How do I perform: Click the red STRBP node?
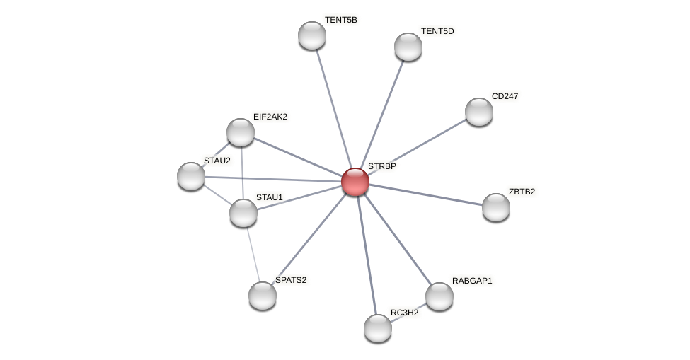(x=355, y=182)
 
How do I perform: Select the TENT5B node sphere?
(x=312, y=35)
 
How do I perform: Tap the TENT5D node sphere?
(x=408, y=47)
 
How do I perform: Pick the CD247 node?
(x=479, y=112)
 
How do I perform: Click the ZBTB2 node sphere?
(x=496, y=207)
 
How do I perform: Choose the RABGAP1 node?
(x=439, y=296)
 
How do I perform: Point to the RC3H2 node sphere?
(x=378, y=328)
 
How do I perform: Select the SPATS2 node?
(x=263, y=296)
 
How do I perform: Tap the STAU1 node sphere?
(x=243, y=213)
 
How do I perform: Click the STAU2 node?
(x=191, y=176)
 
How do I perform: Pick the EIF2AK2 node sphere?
(x=241, y=132)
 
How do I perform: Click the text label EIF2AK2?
(x=270, y=117)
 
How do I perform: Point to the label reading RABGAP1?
(x=472, y=281)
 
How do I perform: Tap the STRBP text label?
(x=382, y=166)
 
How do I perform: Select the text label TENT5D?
(x=437, y=31)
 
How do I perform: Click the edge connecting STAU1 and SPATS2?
(x=253, y=254)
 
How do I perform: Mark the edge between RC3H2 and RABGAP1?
(x=408, y=312)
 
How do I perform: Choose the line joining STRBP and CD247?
(x=417, y=146)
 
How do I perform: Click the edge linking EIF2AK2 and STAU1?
(x=242, y=173)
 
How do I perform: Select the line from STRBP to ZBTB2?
(x=425, y=194)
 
